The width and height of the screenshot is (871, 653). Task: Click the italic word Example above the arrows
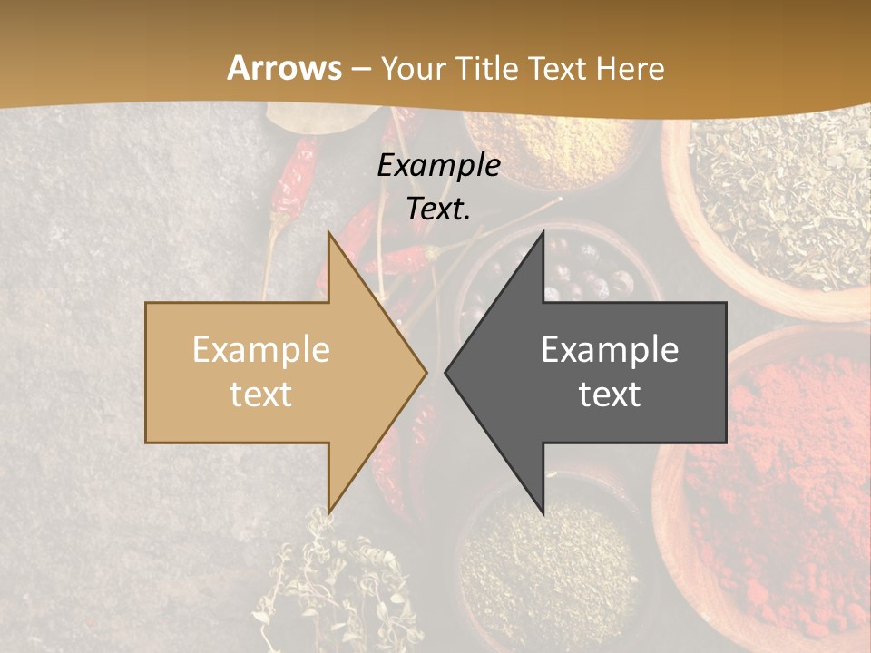(x=438, y=165)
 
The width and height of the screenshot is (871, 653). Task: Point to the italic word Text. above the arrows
(x=438, y=209)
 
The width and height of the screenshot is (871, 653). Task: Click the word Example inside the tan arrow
(x=261, y=350)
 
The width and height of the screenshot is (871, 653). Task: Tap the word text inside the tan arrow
(x=261, y=395)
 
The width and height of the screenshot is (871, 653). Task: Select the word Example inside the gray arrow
(x=610, y=350)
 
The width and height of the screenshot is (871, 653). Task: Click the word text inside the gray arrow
(x=610, y=395)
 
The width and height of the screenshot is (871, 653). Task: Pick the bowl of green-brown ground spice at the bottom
(x=544, y=562)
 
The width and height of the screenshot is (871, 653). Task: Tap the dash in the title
(x=361, y=69)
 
